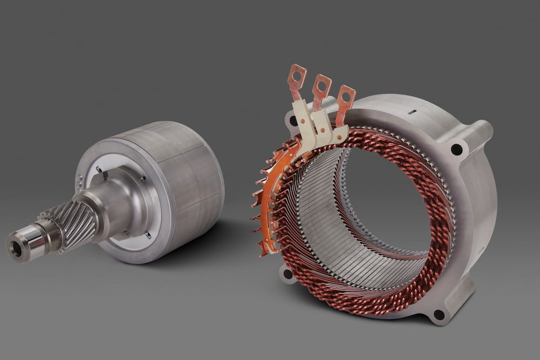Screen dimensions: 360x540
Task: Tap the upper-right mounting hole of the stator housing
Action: (x=457, y=149)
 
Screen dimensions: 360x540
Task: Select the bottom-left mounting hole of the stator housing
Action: (x=287, y=275)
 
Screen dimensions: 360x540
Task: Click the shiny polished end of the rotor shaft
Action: (x=27, y=243)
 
